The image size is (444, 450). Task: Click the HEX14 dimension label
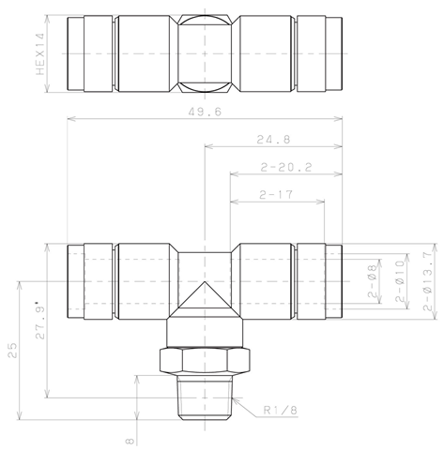(40, 53)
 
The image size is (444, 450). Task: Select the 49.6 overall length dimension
(205, 112)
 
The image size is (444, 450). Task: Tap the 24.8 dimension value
(273, 139)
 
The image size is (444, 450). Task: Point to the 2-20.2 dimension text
(286, 168)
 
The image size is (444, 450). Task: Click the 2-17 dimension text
(276, 195)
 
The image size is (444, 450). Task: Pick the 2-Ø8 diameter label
(372, 281)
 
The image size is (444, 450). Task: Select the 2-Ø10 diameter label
(400, 281)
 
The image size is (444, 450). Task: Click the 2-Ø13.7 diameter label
(428, 281)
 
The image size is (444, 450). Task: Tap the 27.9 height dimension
(40, 321)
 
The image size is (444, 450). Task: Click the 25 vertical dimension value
(13, 351)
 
